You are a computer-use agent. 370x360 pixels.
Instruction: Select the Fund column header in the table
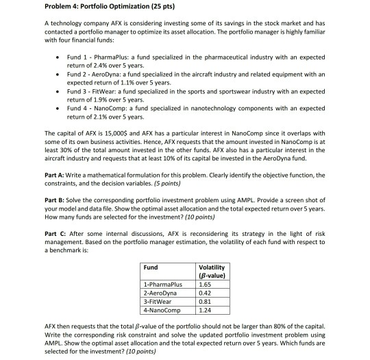point(151,268)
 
